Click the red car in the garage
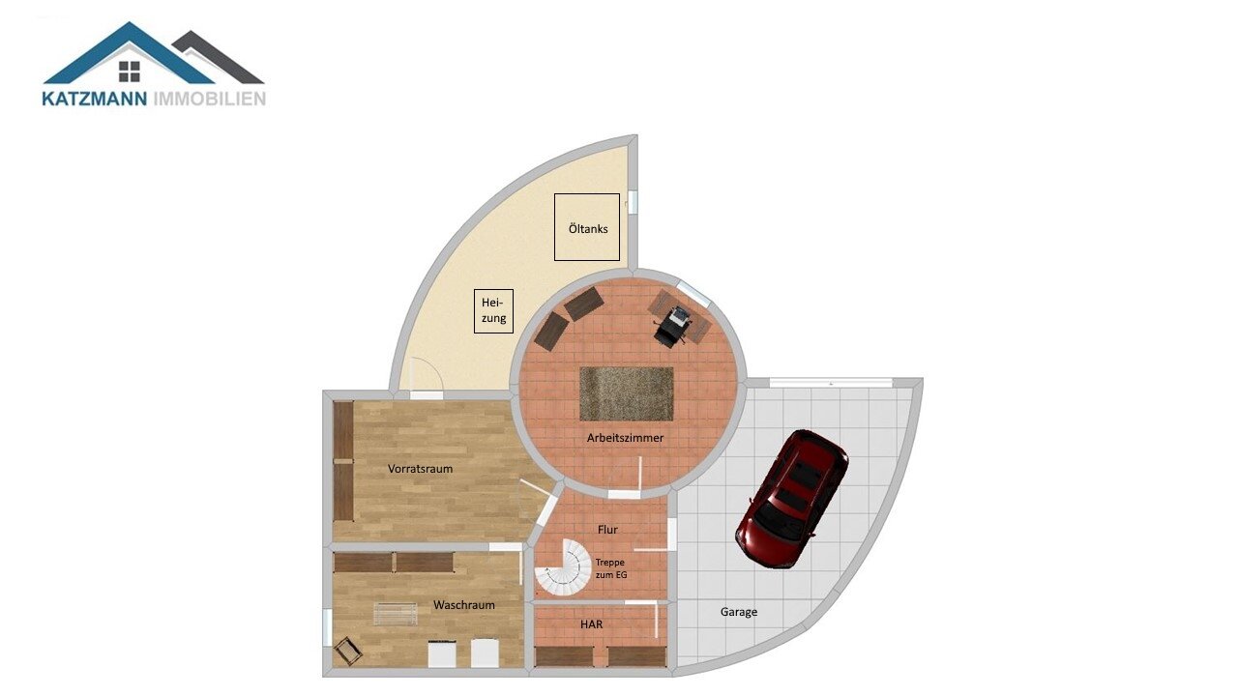[791, 500]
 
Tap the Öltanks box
[587, 227]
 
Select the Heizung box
[493, 311]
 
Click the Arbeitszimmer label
[625, 438]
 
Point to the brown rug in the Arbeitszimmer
[626, 393]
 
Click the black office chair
[672, 327]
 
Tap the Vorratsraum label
[420, 469]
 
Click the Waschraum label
[463, 605]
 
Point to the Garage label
[738, 612]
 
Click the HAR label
[591, 624]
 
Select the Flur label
[607, 530]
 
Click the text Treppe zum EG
[610, 568]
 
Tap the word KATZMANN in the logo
[95, 99]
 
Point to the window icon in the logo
[130, 72]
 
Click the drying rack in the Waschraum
[396, 614]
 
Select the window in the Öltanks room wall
[634, 202]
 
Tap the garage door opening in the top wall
[831, 382]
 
